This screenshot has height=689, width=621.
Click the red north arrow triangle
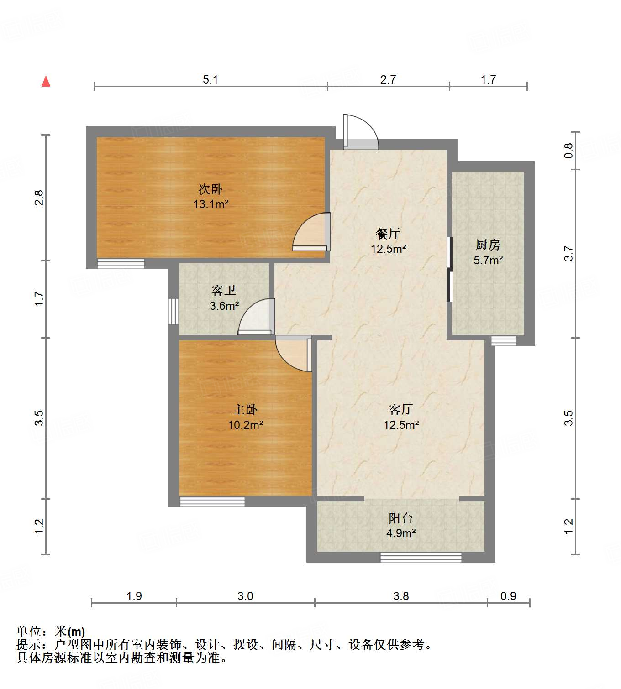46,81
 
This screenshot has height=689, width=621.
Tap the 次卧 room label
211,189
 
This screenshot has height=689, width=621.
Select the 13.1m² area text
211,204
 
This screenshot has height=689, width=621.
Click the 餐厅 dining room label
388,234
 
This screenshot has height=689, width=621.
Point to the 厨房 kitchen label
488,245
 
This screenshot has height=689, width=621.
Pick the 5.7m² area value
488,260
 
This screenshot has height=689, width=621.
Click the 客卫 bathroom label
224,291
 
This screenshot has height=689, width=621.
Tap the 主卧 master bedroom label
245,410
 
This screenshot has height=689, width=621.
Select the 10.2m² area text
245,425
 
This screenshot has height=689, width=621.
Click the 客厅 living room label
401,409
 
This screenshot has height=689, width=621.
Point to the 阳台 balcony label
400,518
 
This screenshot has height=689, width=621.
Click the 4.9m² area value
400,533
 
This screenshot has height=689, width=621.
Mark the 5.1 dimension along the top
211,80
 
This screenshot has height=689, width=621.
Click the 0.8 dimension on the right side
568,151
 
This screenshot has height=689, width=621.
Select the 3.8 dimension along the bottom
401,596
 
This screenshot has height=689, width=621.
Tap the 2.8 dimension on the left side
39,197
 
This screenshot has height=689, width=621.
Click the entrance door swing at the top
361,132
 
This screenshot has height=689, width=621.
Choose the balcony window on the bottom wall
421,557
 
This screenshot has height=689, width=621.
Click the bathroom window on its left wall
173,311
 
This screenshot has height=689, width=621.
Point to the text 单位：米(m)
51,632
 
